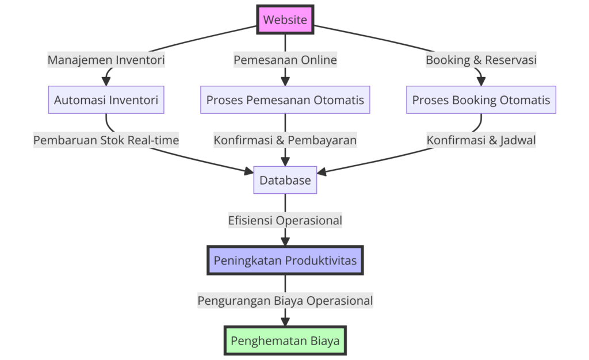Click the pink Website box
point(285,20)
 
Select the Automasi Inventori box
point(106,100)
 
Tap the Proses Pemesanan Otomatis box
point(285,100)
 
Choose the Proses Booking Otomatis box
point(481,100)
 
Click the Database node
point(285,180)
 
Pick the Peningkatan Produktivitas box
point(285,261)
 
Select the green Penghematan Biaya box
point(285,341)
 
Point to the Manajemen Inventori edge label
point(106,60)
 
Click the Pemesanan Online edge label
point(285,60)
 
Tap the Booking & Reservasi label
point(481,60)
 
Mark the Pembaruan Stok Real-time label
point(106,140)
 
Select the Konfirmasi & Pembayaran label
point(285,140)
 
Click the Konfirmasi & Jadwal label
point(481,140)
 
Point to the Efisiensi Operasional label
point(285,220)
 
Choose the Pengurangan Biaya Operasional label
point(285,300)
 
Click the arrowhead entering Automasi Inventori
point(106,82)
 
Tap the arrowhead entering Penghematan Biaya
point(285,323)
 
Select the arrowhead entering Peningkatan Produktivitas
point(285,242)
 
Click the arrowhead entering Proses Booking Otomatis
point(481,82)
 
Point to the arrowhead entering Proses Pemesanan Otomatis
point(285,82)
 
